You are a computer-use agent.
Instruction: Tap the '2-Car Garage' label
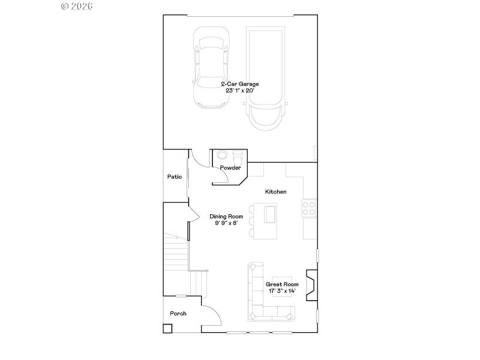[x=239, y=84]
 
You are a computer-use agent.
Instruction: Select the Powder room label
[x=230, y=168]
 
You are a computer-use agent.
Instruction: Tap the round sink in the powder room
[x=221, y=154]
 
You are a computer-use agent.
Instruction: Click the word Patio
[x=175, y=177]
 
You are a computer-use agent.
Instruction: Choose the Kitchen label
[x=276, y=192]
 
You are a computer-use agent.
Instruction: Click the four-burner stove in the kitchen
[x=310, y=208]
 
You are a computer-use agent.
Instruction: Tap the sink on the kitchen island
[x=270, y=214]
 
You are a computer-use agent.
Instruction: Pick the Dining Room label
[x=226, y=217]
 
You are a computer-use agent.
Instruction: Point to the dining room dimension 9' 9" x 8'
[x=226, y=223]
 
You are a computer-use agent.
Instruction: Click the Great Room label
[x=282, y=284]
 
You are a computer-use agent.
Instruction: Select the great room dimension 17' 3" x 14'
[x=282, y=291]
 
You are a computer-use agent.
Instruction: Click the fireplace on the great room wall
[x=311, y=284]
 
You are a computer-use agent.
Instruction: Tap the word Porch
[x=178, y=314]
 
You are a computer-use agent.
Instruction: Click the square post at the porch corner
[x=167, y=328]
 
